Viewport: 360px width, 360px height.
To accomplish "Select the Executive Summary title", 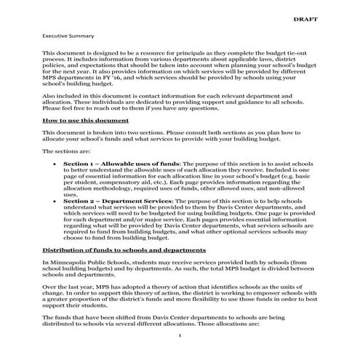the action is pos(66,34).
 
